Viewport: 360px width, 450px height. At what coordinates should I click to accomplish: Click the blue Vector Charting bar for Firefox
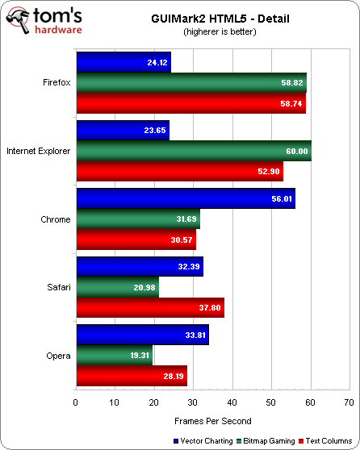coord(123,61)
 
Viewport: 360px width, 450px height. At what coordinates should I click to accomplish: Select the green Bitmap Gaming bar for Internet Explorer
coord(194,151)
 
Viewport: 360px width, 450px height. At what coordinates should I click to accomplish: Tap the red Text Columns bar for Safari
coord(149,307)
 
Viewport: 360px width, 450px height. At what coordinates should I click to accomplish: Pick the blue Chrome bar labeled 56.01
coord(185,198)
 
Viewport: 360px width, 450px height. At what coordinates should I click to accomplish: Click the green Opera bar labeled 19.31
coord(114,355)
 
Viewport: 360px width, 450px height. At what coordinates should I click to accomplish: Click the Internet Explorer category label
coord(38,151)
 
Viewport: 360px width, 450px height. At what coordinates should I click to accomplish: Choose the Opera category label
coord(57,355)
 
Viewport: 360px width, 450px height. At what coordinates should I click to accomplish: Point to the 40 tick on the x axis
coord(232,401)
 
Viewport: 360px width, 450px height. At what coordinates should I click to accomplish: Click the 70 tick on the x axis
coord(349,401)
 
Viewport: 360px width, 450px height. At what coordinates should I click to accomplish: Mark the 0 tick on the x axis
coord(76,401)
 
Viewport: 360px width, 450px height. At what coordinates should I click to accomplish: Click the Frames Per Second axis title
coord(212,420)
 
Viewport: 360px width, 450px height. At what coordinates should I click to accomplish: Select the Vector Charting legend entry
coord(201,441)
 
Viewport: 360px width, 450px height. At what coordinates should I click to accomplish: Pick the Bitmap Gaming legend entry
coord(267,441)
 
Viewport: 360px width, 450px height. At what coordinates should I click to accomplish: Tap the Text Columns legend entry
coord(327,441)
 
